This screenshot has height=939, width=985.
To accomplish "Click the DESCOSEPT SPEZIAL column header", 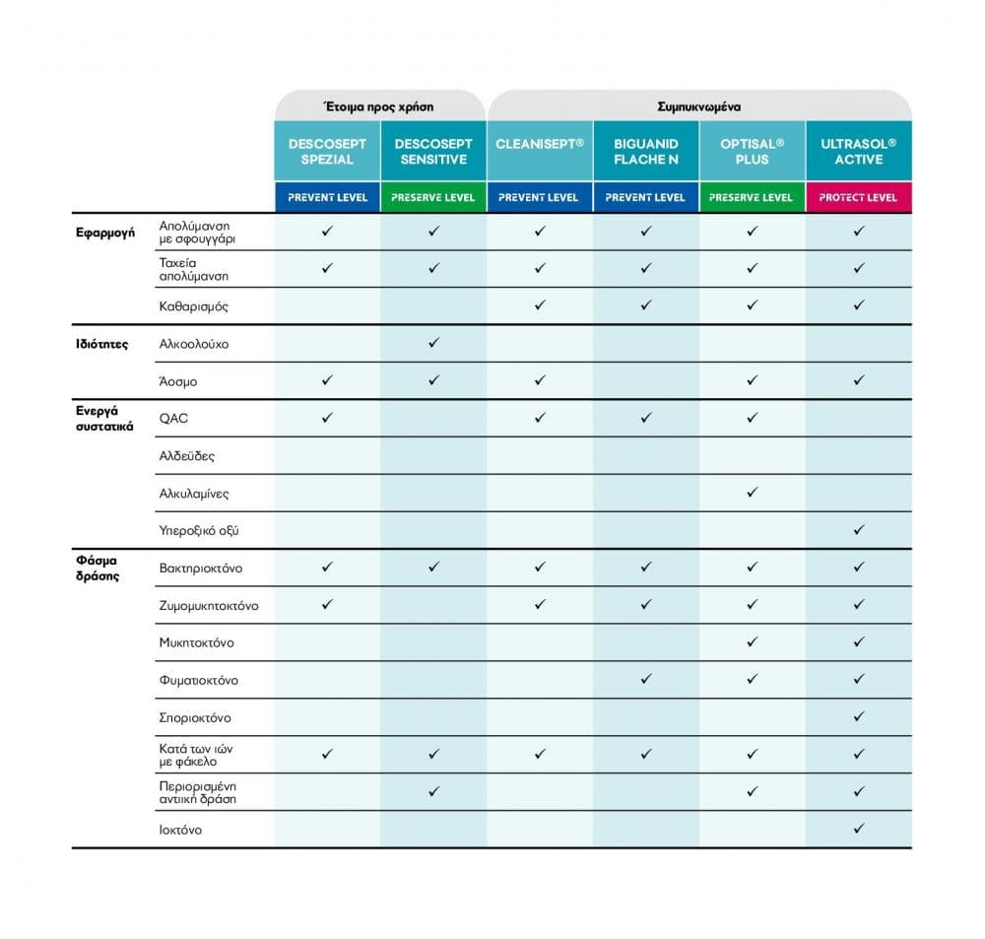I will (327, 151).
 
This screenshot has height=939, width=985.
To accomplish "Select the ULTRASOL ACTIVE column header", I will (858, 151).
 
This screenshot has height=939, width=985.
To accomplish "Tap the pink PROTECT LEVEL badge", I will (858, 197).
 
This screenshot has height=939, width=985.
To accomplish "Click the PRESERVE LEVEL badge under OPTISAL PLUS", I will (752, 197).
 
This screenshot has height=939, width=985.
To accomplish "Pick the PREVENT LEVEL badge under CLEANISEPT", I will (539, 197).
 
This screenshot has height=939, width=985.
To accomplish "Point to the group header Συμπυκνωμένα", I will (699, 105).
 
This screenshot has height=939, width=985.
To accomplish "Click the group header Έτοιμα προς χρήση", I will (379, 105).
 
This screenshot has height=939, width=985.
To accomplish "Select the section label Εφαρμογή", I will (105, 234).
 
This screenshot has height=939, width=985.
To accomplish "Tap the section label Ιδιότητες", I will (101, 345).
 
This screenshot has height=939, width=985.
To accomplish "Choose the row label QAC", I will (173, 419).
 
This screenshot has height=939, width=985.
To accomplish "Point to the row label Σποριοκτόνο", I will (195, 718).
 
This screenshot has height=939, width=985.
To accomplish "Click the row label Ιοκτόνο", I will (180, 830).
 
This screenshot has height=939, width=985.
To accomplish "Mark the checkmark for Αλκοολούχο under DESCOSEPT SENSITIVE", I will (433, 343).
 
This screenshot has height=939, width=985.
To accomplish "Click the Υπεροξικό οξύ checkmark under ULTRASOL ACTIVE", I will (858, 530).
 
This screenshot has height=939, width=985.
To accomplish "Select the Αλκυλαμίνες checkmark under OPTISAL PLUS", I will (752, 492).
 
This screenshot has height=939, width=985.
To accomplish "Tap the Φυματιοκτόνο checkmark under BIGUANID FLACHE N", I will (645, 679).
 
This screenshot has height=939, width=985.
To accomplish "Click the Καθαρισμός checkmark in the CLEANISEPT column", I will (539, 305).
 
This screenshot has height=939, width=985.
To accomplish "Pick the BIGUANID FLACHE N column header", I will (645, 151).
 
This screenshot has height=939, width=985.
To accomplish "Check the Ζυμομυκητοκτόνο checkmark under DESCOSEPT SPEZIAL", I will (327, 604).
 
